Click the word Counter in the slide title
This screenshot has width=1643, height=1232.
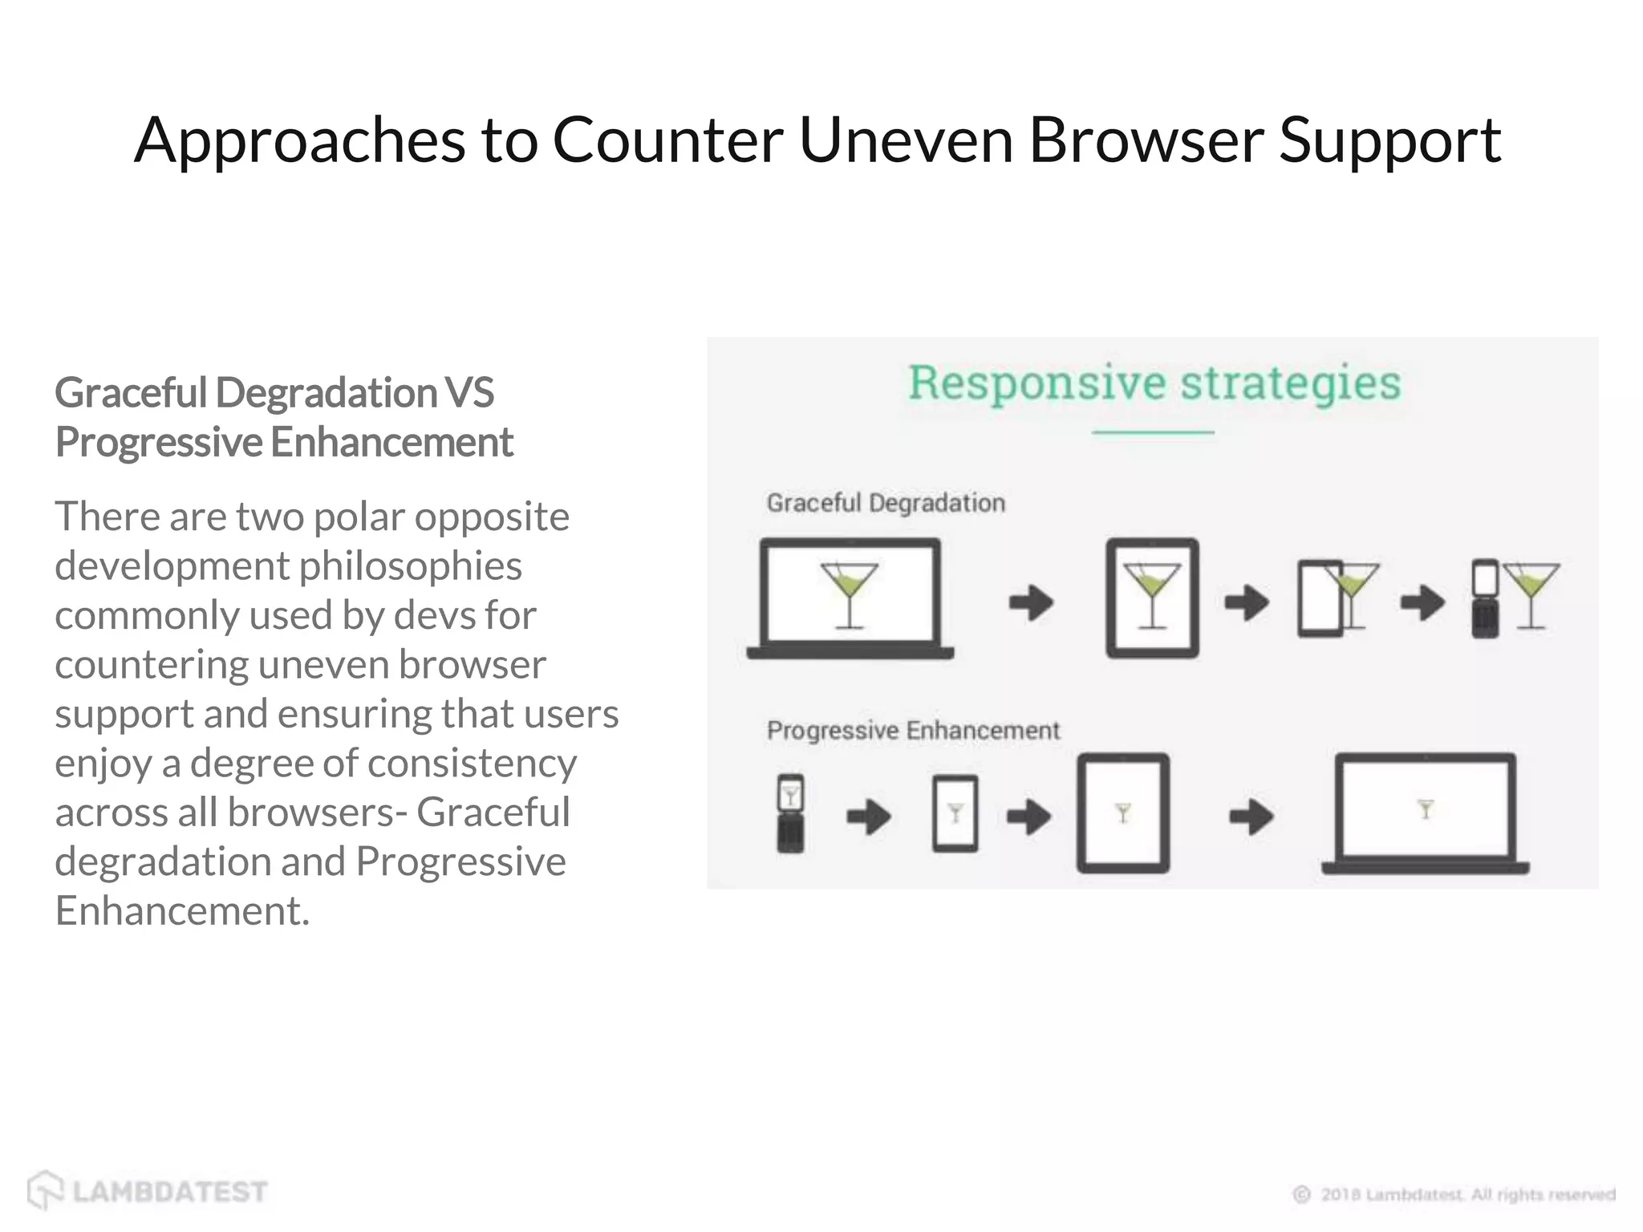point(667,140)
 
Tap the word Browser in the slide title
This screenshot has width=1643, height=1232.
point(1146,140)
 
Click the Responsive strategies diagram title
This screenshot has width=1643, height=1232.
point(1154,383)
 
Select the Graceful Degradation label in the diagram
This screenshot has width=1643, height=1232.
point(886,503)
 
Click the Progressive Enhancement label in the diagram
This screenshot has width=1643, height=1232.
point(913,730)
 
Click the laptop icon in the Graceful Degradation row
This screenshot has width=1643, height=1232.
point(850,598)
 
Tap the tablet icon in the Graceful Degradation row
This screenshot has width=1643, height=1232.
point(1152,598)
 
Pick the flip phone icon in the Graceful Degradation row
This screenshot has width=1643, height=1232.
point(1485,598)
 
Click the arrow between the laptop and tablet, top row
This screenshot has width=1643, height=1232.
point(1031,602)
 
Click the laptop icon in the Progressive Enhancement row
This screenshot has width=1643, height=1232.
point(1426,813)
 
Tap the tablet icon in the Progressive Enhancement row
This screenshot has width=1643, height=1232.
point(1122,813)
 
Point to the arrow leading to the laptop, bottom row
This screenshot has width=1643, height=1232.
point(1251,817)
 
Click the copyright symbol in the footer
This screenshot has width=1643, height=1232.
point(1301,1194)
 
